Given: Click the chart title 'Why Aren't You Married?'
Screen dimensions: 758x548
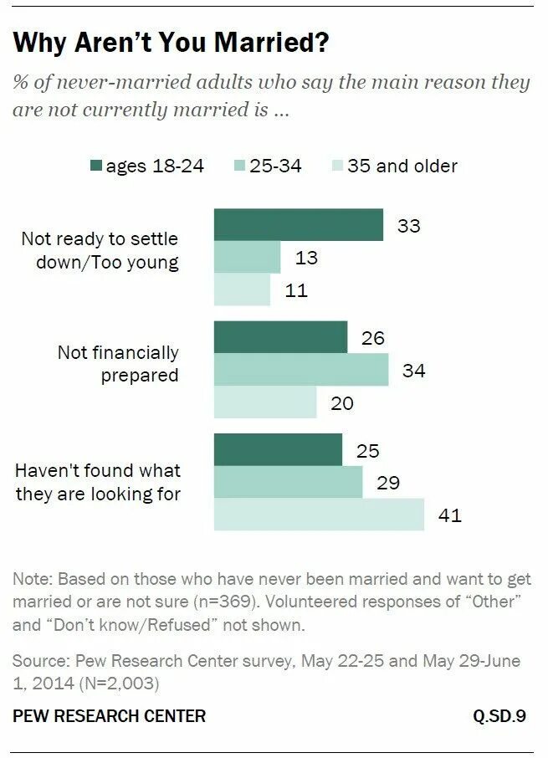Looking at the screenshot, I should point(171,44).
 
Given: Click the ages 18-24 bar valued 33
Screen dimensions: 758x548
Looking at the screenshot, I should point(298,225).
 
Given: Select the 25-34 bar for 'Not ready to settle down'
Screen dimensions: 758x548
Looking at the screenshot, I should point(247,257).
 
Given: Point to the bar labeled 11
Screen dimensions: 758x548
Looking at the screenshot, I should point(242,289).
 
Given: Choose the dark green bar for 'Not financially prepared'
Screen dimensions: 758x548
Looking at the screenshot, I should point(280,336).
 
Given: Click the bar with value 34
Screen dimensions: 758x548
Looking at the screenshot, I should point(301,369).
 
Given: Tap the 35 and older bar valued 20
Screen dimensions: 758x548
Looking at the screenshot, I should point(265,402).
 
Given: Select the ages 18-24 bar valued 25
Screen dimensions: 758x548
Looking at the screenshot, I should point(278,450).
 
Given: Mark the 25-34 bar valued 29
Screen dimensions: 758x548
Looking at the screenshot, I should point(288,482).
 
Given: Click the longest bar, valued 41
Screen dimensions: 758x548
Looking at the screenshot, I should point(319,515).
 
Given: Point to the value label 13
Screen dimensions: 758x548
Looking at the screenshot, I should point(306,258).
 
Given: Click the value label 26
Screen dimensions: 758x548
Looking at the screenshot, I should point(372,337).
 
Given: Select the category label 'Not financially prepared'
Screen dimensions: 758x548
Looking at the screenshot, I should point(118,364).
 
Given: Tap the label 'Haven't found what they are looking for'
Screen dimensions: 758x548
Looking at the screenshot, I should point(98,481).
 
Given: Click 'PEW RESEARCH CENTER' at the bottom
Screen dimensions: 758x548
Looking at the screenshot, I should point(109,716).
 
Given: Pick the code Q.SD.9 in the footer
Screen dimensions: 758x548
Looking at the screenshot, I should point(499,716).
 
